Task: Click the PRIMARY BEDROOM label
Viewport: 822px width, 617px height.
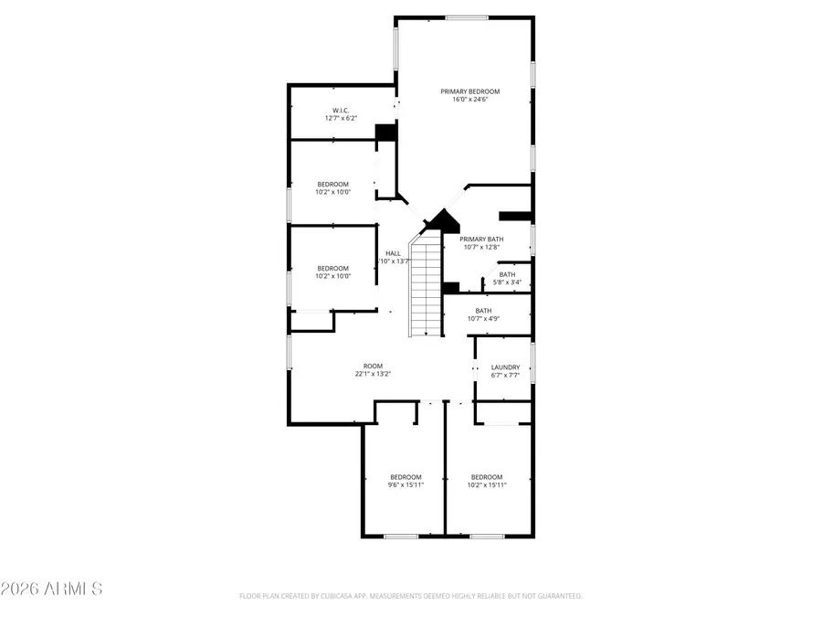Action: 470,91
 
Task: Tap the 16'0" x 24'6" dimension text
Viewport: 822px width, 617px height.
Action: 470,100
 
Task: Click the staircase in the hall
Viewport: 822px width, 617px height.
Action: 426,284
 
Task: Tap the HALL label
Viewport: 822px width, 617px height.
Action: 393,253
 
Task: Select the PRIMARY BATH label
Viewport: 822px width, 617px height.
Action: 481,239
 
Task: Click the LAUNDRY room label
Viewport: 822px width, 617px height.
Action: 505,367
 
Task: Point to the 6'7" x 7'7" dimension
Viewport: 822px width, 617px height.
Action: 505,376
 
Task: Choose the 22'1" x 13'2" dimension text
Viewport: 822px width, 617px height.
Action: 373,374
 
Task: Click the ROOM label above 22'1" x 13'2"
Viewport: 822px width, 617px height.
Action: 373,366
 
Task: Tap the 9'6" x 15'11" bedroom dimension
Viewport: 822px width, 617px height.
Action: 406,485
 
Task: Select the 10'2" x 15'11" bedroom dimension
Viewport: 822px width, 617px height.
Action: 486,485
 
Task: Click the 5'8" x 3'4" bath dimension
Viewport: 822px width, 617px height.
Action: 507,282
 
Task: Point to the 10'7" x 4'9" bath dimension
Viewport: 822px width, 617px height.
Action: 483,319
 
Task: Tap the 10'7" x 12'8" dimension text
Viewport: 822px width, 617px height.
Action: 481,247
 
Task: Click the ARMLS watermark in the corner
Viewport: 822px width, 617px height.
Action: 51,589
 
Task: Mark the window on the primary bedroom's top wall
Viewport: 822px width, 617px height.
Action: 466,17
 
